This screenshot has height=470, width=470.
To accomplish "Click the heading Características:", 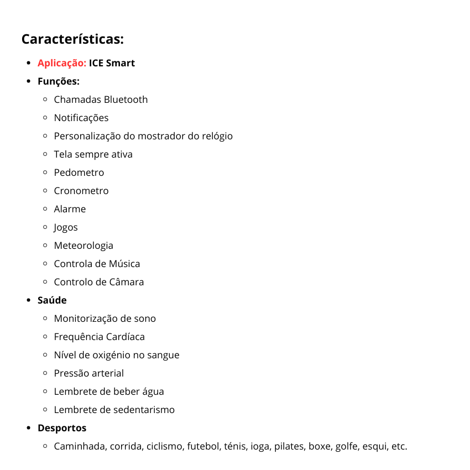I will pos(72,40).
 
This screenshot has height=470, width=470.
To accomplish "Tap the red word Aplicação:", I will pos(62,63).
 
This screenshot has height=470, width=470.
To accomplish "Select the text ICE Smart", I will pos(112,63).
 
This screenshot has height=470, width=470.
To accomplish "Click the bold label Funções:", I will pos(59,81).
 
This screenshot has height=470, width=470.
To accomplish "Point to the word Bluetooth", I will pos(126,100).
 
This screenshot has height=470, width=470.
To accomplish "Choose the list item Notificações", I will pos(81,118).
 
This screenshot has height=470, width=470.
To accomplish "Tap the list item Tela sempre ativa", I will pos(93,154).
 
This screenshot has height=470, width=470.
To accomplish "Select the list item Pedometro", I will pos(79,173).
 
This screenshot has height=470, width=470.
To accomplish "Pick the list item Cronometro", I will pos(81,191).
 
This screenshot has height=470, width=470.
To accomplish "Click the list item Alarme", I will pos(70,209).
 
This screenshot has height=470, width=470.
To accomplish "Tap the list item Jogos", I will pos(66,227).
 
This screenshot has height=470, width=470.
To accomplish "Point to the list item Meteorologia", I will pos(83,246).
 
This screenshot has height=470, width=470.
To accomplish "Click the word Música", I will pos(124,264).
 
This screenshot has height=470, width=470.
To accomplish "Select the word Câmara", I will pos(126,282).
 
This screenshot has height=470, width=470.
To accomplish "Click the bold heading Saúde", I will pos(52,300).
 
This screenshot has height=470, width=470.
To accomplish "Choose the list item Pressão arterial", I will pos(89,373).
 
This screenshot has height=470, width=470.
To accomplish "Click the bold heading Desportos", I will pos(62,428).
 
